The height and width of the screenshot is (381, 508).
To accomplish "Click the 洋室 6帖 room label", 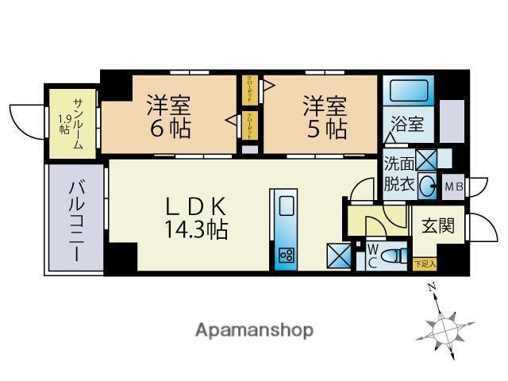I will click(x=167, y=117).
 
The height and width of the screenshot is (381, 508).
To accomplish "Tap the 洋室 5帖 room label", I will click(x=323, y=117).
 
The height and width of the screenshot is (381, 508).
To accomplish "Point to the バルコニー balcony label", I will click(x=76, y=221).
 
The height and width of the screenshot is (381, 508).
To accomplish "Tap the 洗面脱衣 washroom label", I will click(x=398, y=175).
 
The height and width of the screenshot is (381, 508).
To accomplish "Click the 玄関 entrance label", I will click(x=438, y=225).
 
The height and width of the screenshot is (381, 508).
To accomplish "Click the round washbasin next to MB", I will click(x=428, y=187).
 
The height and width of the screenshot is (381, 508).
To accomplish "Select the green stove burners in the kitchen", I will click(x=286, y=256).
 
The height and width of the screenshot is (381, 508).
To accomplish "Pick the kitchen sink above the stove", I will click(x=286, y=208).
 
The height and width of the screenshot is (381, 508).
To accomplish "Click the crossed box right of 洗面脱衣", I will click(x=426, y=160).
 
